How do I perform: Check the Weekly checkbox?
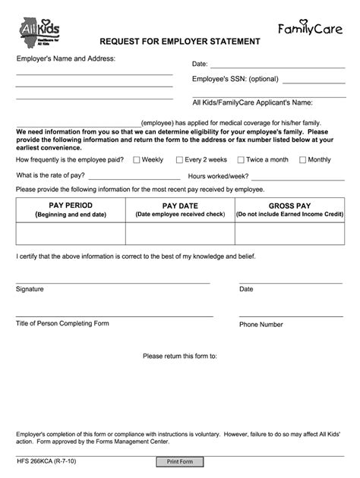tap(137, 160)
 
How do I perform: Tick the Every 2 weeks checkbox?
tap(179, 160)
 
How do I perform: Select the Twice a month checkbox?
tap(241, 160)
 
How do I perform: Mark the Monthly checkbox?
tap(302, 160)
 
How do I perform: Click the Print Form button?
tap(180, 461)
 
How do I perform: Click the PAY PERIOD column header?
tap(71, 209)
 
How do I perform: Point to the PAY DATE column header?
tap(180, 209)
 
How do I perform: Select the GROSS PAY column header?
tap(289, 209)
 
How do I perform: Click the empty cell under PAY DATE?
tap(180, 233)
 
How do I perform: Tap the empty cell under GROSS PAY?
tap(289, 233)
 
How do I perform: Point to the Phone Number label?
tap(261, 325)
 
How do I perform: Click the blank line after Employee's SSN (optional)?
tap(313, 81)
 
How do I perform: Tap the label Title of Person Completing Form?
tap(62, 323)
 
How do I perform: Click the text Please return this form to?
tap(180, 356)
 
